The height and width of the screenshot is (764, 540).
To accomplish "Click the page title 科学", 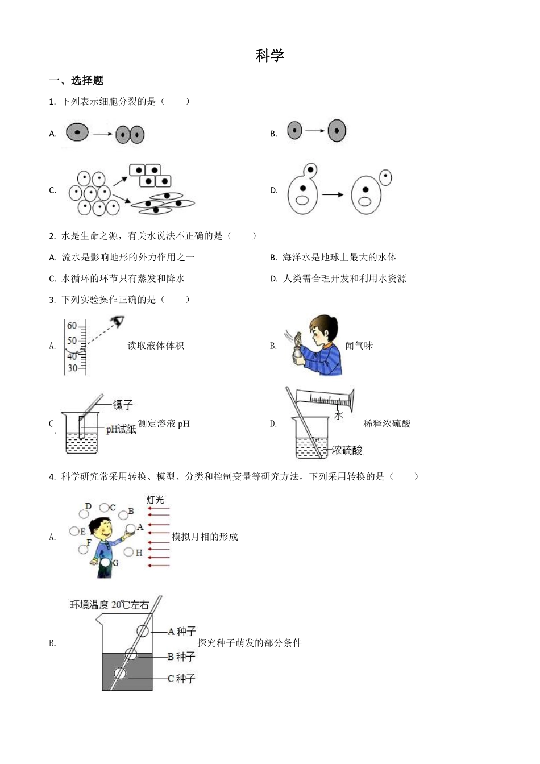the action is [269, 56].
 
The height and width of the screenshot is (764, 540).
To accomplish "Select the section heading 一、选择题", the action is [76, 81].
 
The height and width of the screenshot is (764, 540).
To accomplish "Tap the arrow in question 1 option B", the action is [314, 131].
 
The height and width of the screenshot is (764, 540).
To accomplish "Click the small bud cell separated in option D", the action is [385, 177].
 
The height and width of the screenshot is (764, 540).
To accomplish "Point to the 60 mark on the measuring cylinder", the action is [72, 326].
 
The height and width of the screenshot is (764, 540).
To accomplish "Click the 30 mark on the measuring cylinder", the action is [72, 368].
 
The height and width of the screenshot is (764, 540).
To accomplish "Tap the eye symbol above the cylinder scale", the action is [117, 321].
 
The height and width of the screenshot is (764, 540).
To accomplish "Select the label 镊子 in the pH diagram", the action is [123, 405].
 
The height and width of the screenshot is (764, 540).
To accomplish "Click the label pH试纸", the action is [121, 429].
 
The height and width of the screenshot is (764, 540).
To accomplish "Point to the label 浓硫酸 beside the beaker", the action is [347, 451].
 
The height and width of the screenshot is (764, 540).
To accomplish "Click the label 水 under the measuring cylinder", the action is [339, 415].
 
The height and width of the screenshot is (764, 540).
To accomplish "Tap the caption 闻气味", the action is [359, 346].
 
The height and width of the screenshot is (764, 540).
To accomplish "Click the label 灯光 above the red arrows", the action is [155, 500].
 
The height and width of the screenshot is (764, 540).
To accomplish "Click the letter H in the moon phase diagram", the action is [139, 553].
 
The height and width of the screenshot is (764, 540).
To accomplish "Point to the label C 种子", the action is [181, 679].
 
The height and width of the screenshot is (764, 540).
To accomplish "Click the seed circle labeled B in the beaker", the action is [131, 654].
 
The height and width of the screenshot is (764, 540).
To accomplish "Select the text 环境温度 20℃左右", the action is [110, 605].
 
